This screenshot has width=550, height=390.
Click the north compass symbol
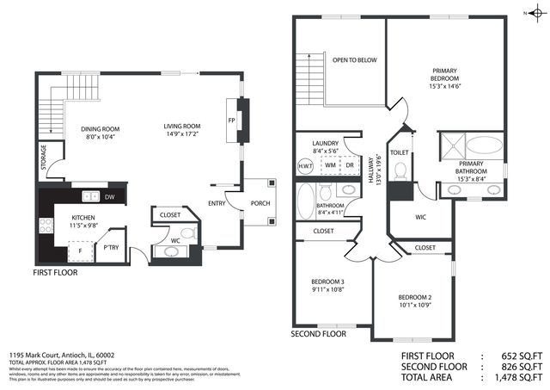coord(535,12)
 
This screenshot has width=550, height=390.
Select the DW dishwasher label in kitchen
coord(110,197)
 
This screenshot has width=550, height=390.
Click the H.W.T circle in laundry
coord(305,165)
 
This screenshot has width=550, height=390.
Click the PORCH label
coord(259,204)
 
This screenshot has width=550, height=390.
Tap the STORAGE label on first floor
coord(43,158)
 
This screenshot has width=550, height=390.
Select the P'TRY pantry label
coord(110,247)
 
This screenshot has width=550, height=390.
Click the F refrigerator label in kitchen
coord(81,251)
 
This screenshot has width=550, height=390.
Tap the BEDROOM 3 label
coord(327,282)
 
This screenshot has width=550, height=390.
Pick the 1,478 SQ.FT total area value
coord(518,377)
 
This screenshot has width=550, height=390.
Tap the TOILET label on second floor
coord(400,152)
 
